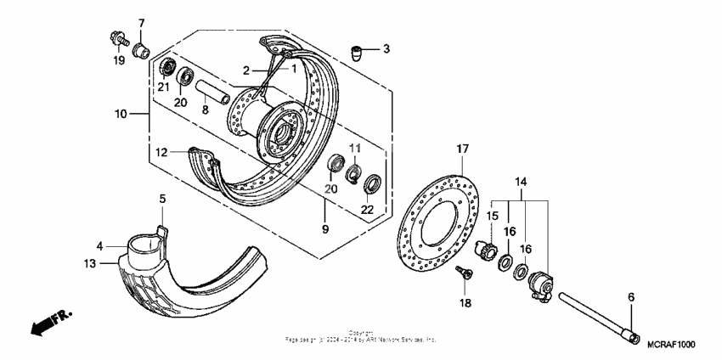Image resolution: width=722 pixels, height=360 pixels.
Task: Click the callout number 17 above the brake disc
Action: point(463,149)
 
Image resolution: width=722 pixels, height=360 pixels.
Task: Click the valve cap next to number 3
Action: point(360,53)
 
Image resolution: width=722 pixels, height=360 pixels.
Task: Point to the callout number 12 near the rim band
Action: point(161,152)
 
